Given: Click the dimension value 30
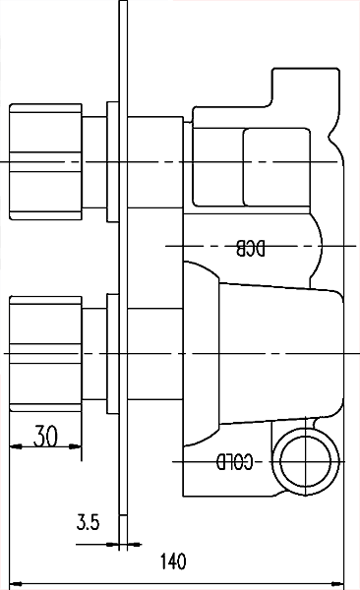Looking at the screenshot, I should (x=43, y=436).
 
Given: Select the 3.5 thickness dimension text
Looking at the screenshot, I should (x=88, y=523).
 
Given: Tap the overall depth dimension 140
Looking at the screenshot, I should (x=172, y=562).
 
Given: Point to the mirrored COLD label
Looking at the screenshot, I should (x=236, y=460).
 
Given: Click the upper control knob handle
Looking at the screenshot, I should (x=45, y=160).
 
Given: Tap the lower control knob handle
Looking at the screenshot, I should (x=45, y=350).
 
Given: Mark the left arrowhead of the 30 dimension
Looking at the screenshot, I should (x=14, y=446).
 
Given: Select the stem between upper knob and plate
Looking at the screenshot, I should (x=94, y=160).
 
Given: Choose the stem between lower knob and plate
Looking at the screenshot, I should (x=94, y=350).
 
